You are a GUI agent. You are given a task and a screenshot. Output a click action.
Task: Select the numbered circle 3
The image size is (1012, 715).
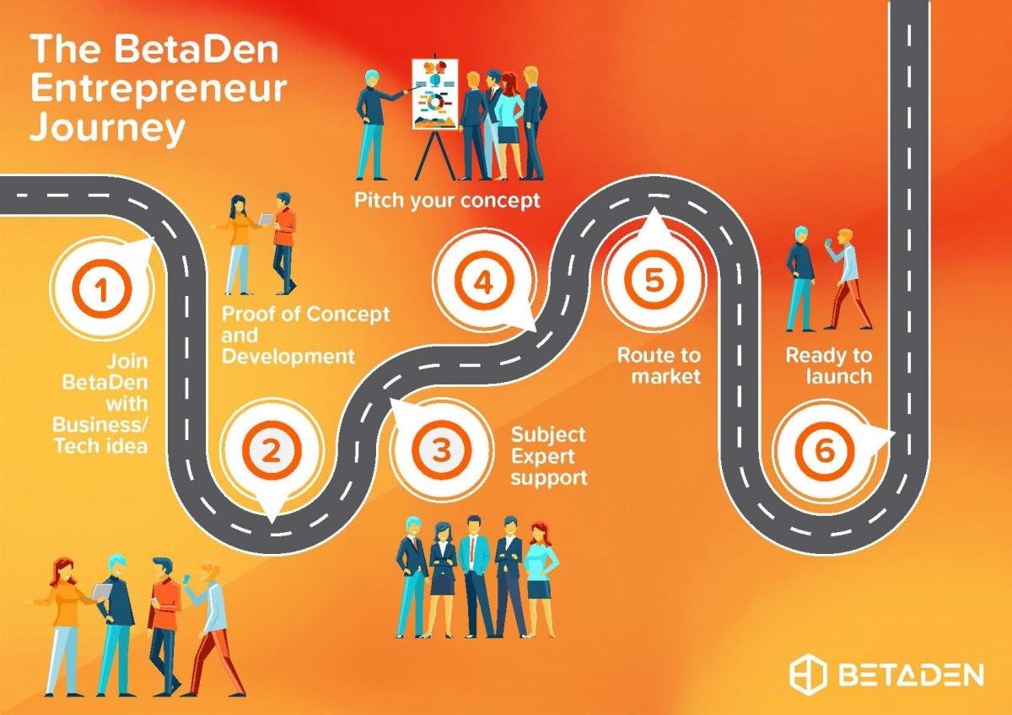coord(441,449)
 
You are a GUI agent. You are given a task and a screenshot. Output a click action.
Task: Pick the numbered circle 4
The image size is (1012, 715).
coord(484,282)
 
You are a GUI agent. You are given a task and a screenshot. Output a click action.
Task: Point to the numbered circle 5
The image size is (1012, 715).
coord(654,278)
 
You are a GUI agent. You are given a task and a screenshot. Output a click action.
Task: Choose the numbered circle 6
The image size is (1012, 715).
coord(825,450)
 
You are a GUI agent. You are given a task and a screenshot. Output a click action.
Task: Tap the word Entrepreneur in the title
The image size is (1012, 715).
coord(159,89)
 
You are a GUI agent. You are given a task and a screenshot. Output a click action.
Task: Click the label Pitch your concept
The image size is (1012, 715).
coord(447,201)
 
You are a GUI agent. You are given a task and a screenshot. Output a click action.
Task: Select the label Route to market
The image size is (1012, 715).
coord(659,366)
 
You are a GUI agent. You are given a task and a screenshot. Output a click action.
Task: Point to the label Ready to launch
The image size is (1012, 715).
coord(828,366)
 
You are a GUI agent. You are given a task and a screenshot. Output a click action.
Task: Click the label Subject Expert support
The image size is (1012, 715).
coord(549,456)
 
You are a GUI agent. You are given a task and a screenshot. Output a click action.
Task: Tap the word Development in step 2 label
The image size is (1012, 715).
coord(288,357)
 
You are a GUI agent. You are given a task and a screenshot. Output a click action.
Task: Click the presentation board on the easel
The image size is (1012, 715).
coord(434,94)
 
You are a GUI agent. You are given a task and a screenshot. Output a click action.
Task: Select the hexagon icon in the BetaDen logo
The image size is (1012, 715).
coord(808,674)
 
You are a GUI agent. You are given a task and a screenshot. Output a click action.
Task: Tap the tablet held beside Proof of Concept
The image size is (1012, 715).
coord(266,218)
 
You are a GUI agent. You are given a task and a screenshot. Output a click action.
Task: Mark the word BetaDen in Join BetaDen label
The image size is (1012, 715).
coord(105,382)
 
